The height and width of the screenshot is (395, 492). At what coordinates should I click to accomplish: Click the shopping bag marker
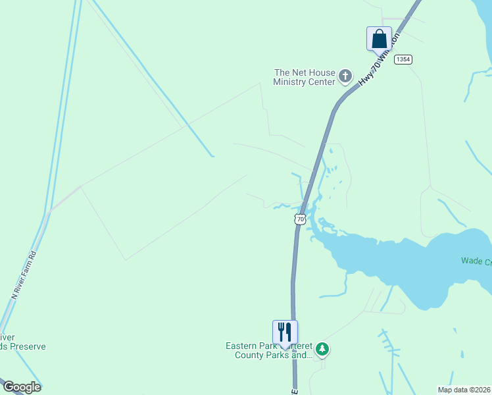click(x=379, y=38)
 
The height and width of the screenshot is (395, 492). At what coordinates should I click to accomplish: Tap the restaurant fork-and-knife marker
click(x=285, y=331)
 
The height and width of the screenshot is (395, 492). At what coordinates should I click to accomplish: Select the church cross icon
click(x=345, y=78)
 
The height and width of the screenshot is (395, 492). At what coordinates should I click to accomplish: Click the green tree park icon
click(x=322, y=348)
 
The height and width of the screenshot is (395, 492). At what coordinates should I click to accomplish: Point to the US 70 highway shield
click(x=301, y=219)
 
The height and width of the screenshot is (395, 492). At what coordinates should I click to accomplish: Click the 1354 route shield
click(x=403, y=59)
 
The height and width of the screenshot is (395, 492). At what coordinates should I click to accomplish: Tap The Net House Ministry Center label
click(x=305, y=78)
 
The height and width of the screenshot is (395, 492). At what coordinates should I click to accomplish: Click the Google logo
click(x=21, y=387)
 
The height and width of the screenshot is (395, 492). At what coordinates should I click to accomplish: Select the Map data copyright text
click(x=464, y=390)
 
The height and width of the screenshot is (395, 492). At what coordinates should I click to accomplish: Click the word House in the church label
click(x=322, y=72)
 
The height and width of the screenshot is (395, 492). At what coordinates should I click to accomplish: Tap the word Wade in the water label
click(x=472, y=261)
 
